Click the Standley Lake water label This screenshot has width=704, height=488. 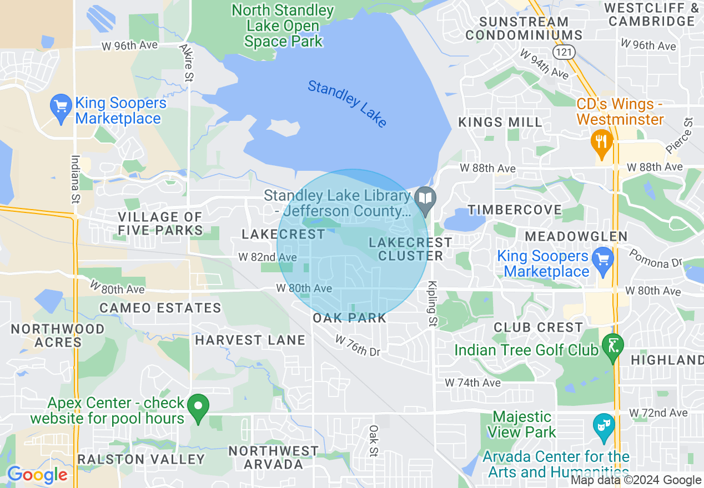tap(347, 104)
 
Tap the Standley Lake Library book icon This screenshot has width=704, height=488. tap(426, 199)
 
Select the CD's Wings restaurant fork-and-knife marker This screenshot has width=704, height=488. tap(601, 142)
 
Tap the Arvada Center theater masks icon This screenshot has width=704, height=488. tap(604, 426)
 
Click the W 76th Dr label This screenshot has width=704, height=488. tap(358, 345)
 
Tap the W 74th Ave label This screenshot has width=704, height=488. tap(472, 383)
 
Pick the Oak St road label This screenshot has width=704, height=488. tap(374, 441)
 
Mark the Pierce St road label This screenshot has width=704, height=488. tap(679, 135)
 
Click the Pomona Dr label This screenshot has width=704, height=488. tap(655, 258)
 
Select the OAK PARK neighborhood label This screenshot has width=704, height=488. tap(349, 318)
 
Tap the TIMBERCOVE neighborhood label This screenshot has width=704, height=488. tap(515, 210)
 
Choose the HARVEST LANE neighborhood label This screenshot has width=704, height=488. tap(250, 340)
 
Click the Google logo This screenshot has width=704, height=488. tap(37, 475)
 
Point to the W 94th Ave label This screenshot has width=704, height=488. tap(544, 63)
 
